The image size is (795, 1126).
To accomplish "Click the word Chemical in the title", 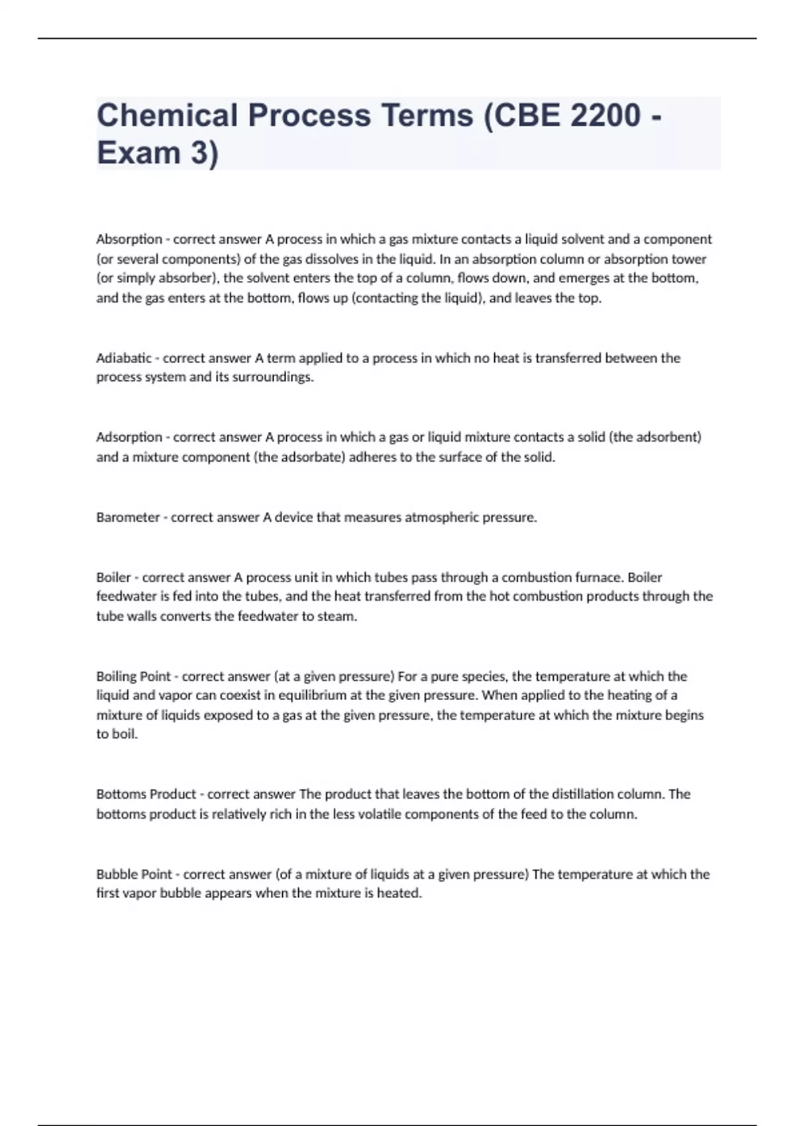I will click(x=168, y=115).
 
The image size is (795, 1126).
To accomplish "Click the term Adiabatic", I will click(x=124, y=358).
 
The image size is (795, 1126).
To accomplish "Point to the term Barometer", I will click(x=128, y=517).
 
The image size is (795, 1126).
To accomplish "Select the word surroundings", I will click(x=272, y=378).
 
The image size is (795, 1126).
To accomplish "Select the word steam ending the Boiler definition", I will click(x=339, y=616).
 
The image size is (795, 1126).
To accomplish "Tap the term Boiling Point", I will click(x=133, y=676).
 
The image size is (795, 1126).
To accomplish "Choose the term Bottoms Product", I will click(x=146, y=794).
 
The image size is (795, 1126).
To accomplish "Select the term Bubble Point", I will click(x=134, y=874).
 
